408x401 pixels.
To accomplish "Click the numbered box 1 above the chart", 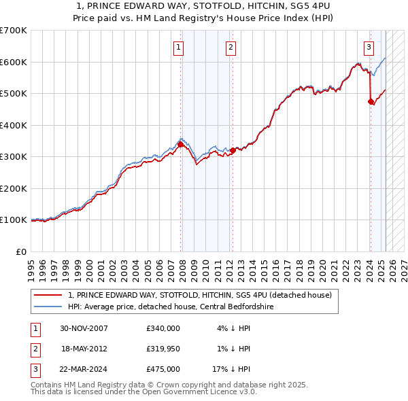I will click(178, 47).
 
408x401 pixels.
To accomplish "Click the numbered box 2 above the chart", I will click(231, 47).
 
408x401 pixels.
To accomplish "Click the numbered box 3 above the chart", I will click(369, 47).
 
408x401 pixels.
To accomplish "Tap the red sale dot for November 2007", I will click(180, 144).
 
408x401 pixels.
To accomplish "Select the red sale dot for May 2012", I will click(233, 150).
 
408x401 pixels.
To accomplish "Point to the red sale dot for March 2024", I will click(371, 101).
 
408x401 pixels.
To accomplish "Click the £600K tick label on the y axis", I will click(13, 62).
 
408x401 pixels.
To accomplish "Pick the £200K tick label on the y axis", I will click(13, 188).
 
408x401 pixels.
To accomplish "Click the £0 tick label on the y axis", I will click(20, 251).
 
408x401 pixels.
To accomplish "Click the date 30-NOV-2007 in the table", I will click(84, 328).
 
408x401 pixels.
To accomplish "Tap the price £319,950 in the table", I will click(163, 349).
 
